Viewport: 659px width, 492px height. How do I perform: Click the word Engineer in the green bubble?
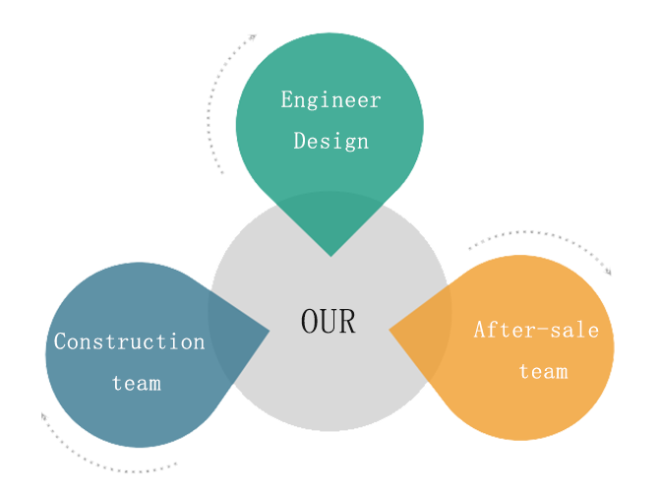coord(330,99)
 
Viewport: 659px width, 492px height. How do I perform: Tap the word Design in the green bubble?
coord(330,141)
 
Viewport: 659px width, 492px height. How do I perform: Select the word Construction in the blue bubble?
coord(129,341)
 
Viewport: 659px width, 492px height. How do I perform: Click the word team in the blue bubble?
coord(136,383)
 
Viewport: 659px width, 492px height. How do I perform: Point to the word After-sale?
coord(536,330)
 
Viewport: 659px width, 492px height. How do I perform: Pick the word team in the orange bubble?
coord(543,371)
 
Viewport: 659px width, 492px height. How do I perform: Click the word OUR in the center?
coord(329,321)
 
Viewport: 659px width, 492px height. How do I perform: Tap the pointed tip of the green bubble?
coord(330,255)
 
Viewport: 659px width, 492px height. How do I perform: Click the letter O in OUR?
coord(310,321)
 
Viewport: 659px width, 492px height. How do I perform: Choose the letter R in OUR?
coord(347,321)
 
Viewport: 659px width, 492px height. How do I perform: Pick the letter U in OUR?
coord(329,321)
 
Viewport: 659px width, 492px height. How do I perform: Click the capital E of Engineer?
coord(287,99)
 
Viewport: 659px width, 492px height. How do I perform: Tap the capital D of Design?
coord(299,141)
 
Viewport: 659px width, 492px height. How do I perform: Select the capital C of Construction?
coord(60,341)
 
